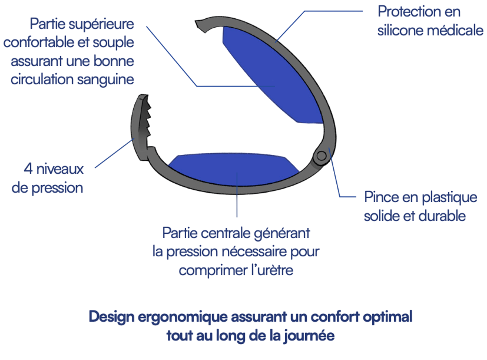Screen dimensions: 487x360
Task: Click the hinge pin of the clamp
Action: [321, 156]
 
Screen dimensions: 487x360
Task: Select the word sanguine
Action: [105, 80]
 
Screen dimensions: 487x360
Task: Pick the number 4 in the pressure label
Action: [28, 169]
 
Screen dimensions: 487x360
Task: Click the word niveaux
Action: [60, 169]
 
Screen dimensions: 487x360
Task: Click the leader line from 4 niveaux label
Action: [115, 153]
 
